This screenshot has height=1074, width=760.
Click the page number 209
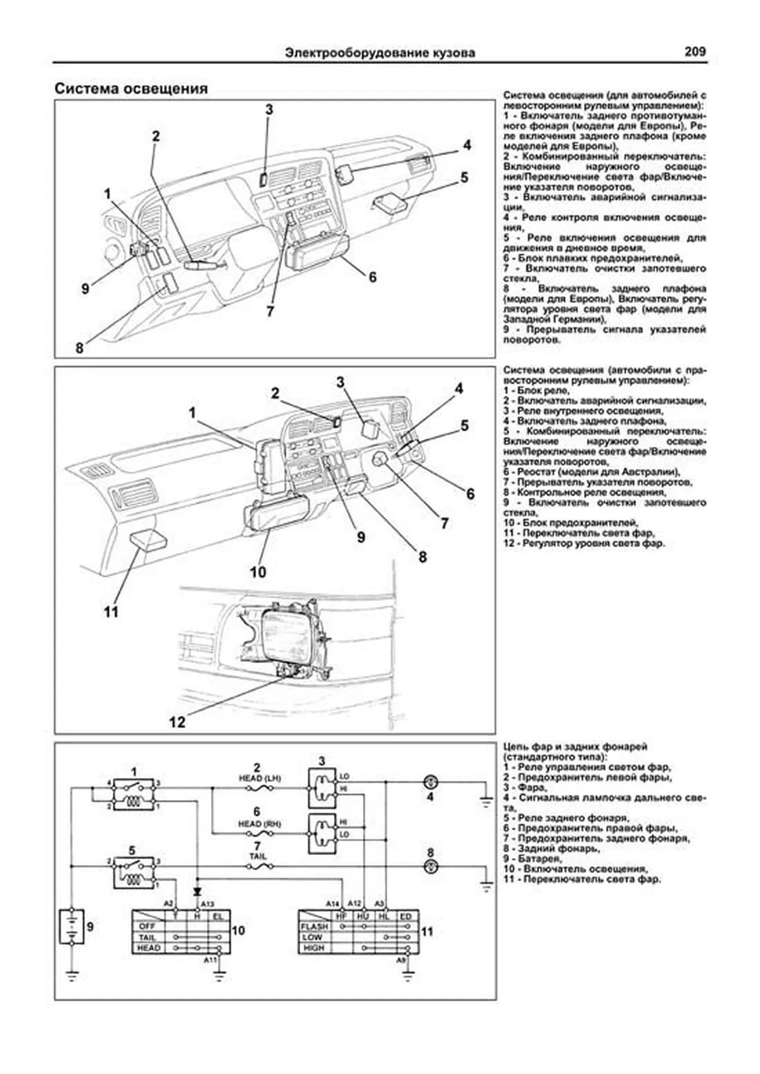click(x=694, y=52)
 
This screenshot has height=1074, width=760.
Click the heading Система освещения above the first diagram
click(x=131, y=89)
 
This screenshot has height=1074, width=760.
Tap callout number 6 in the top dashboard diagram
click(x=372, y=277)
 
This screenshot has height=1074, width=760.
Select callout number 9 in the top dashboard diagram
click(x=85, y=289)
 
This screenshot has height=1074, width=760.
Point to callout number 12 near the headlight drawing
click(x=177, y=721)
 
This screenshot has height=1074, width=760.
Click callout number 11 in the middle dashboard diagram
click(x=111, y=612)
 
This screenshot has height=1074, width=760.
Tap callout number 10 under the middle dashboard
click(x=257, y=572)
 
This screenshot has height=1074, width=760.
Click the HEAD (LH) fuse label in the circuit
click(x=260, y=778)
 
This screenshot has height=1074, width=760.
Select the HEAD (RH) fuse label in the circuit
click(x=259, y=824)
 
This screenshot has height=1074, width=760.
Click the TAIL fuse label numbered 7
click(x=258, y=856)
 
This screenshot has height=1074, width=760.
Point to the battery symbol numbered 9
click(x=71, y=927)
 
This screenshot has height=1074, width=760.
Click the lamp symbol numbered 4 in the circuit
click(x=430, y=782)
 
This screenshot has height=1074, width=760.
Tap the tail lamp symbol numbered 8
click(x=430, y=866)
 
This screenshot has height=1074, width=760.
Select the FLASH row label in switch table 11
click(x=314, y=927)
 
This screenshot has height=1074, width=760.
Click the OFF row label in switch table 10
click(x=147, y=927)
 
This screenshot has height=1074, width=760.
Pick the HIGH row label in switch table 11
click(x=314, y=948)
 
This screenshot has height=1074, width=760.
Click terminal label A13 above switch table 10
click(x=207, y=903)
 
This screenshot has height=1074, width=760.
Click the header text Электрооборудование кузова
click(x=380, y=53)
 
